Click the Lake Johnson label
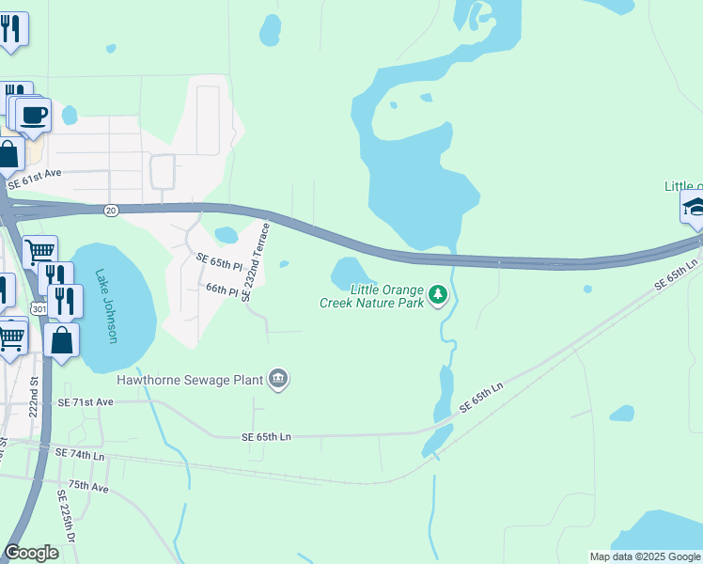click(x=105, y=306)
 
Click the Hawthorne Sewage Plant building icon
click(x=278, y=379)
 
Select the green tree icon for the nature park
click(x=437, y=295)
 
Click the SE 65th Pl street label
click(x=218, y=260)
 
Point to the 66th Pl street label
click(x=222, y=292)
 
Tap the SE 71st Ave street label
click(x=85, y=401)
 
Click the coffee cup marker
click(x=34, y=117)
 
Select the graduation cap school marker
click(x=695, y=208)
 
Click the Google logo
click(x=32, y=553)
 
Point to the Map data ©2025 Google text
click(x=646, y=556)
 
